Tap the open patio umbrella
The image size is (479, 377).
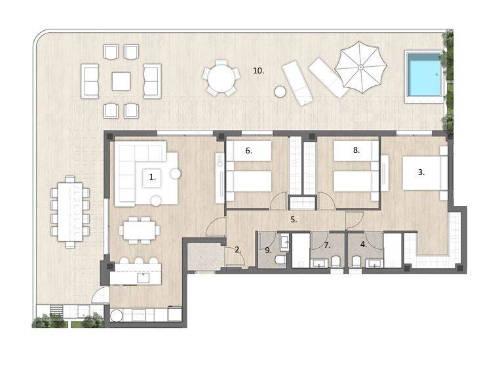point(361,67)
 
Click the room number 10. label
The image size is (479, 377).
point(258,71)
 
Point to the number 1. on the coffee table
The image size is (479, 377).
point(153,177)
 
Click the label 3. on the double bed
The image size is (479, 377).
point(421,172)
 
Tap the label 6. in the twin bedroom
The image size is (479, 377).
point(248,150)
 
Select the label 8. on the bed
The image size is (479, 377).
point(356,150)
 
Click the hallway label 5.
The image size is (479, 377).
point(294,220)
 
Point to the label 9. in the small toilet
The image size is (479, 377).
point(268,250)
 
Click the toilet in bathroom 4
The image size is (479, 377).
point(356,262)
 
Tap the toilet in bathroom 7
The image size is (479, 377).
point(335,262)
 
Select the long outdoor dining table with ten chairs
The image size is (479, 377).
point(70,212)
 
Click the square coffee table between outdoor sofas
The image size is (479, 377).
point(121,81)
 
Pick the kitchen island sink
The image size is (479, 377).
point(144,278)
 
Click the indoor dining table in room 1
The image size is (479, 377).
point(140,230)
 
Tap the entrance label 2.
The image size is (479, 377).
point(238,250)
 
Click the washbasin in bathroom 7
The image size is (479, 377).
point(319,264)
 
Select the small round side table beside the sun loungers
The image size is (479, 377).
point(280,92)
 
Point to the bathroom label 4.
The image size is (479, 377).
point(364,245)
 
